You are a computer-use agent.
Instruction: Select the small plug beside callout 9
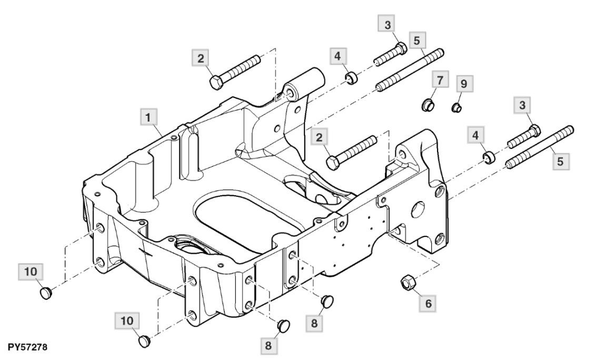click(x=455, y=108)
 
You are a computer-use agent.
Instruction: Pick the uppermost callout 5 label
click(x=416, y=40)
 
